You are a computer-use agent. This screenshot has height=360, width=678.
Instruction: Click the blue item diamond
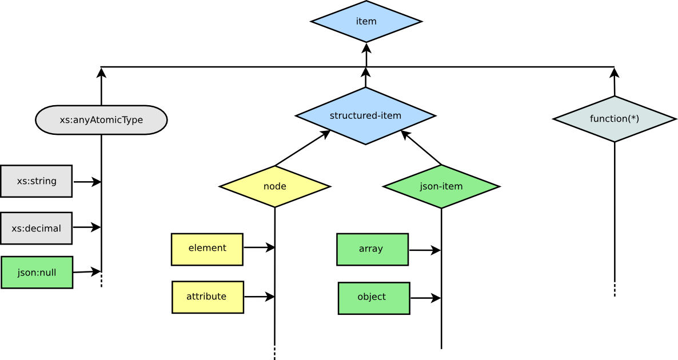366,22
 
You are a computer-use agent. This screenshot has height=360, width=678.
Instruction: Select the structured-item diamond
366,116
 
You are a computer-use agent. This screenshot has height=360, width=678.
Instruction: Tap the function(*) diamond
615,119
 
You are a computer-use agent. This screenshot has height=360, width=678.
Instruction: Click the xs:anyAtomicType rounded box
101,119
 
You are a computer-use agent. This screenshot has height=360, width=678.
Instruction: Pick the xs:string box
37,181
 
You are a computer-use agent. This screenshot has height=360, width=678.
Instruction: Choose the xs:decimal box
37,228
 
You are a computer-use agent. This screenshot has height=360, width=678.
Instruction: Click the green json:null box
37,272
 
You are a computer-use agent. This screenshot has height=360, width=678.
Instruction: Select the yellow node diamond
275,186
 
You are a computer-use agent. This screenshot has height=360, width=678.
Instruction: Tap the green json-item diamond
441,186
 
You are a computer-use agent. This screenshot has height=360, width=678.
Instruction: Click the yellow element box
207,249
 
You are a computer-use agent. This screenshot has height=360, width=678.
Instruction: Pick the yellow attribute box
208,297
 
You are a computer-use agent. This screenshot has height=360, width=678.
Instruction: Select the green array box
372,249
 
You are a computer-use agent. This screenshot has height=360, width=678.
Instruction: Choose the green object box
374,298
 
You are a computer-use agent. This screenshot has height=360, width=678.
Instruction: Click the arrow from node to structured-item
303,148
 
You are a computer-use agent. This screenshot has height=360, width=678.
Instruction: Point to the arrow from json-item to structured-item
421,147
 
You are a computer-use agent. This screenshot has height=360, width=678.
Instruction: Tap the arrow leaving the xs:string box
87,182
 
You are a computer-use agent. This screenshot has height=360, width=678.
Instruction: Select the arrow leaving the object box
425,298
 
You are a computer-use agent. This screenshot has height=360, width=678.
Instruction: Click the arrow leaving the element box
259,247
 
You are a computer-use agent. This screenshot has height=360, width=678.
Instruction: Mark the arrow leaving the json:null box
87,272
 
